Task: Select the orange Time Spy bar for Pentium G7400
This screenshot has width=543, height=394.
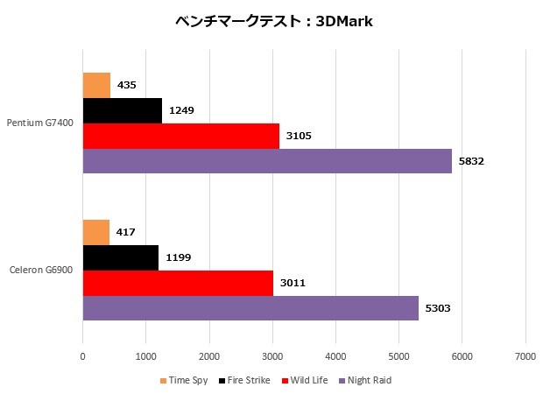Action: point(96,85)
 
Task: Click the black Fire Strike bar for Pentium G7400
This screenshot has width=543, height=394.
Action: point(123,110)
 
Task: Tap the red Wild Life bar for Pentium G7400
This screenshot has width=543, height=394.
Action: point(181,136)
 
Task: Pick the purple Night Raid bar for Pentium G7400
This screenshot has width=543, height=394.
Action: point(267,161)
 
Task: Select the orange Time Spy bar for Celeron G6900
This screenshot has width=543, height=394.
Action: point(95,232)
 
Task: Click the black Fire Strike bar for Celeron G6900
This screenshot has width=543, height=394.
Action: point(121,257)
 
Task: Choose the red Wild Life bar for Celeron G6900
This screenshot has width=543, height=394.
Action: point(178,283)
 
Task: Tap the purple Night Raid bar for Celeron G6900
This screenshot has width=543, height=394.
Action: point(250,308)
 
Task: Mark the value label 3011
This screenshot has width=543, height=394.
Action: point(292,284)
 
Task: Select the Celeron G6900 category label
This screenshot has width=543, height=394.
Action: point(42,271)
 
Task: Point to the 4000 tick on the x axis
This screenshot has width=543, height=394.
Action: point(335,356)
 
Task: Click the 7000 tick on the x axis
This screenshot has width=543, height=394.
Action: point(525,356)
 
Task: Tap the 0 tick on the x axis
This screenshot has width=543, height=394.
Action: point(83,356)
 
